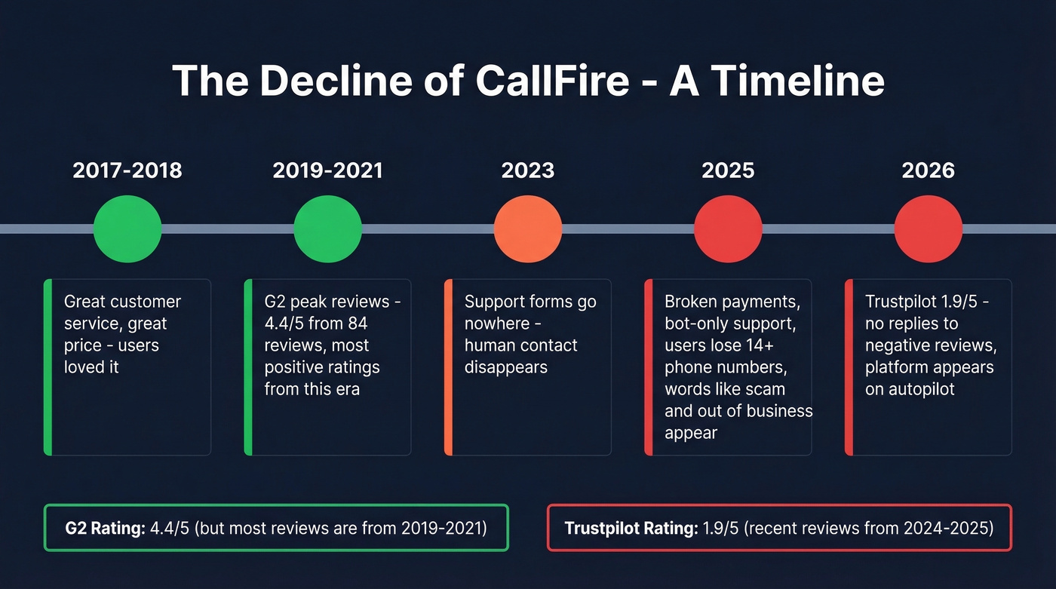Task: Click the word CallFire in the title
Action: pos(552,81)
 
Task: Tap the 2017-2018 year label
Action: pos(127,170)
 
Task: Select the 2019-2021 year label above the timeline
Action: pos(327,170)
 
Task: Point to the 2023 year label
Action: pos(528,170)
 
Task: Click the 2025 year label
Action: pos(728,170)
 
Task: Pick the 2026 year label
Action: pos(928,170)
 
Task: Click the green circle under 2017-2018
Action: pos(127,229)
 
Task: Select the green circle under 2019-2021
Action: pos(327,229)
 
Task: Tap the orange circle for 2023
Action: pos(528,229)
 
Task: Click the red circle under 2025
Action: pos(728,229)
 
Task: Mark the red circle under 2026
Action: pos(928,229)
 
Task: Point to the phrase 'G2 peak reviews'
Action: pos(326,302)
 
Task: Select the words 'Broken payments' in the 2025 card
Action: pos(732,302)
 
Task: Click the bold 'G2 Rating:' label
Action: pos(105,528)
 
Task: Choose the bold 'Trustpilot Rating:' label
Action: pos(631,528)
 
